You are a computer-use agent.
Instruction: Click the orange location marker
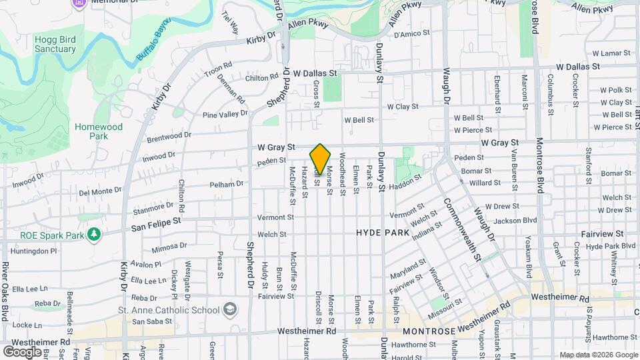pos(320,159)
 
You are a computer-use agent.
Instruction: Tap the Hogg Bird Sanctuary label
pos(54,44)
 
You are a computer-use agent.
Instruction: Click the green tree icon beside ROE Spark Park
pos(95,234)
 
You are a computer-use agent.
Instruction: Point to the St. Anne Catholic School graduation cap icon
pos(230,309)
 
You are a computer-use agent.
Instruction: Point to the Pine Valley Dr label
pos(225,115)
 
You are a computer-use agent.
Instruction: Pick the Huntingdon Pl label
pos(35,251)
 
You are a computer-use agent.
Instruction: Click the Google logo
pos(22,351)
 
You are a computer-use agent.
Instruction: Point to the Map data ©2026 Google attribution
pos(598,355)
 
